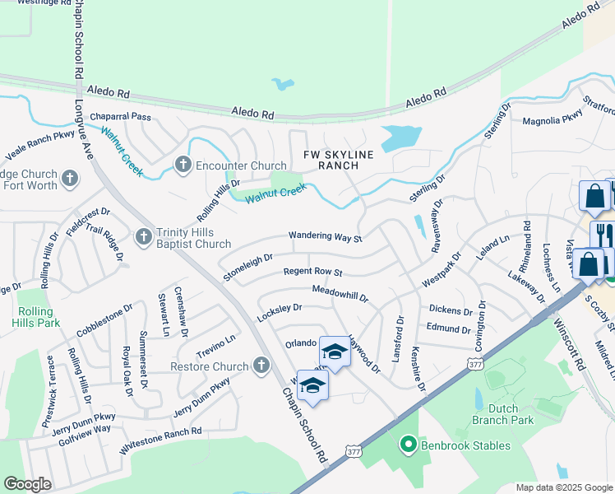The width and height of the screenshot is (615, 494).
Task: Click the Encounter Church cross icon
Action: point(183,165)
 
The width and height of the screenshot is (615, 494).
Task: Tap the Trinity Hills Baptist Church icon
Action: point(144,237)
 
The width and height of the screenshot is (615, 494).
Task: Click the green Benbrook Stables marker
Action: point(406,445)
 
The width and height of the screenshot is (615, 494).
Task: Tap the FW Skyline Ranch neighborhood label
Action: point(339,160)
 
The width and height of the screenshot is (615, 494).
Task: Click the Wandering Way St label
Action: point(325,237)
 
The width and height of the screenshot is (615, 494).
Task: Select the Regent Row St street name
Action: point(312,272)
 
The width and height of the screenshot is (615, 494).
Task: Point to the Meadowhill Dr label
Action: point(340,291)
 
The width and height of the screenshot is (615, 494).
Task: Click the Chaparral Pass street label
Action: point(121,117)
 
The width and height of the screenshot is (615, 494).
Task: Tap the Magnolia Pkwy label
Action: point(553,121)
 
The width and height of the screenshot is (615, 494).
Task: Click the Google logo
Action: point(27,483)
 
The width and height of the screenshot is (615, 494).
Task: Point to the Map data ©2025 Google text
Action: point(564,487)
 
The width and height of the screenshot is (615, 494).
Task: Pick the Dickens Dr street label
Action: point(451,310)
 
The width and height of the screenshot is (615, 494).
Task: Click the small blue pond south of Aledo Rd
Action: point(283,84)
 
